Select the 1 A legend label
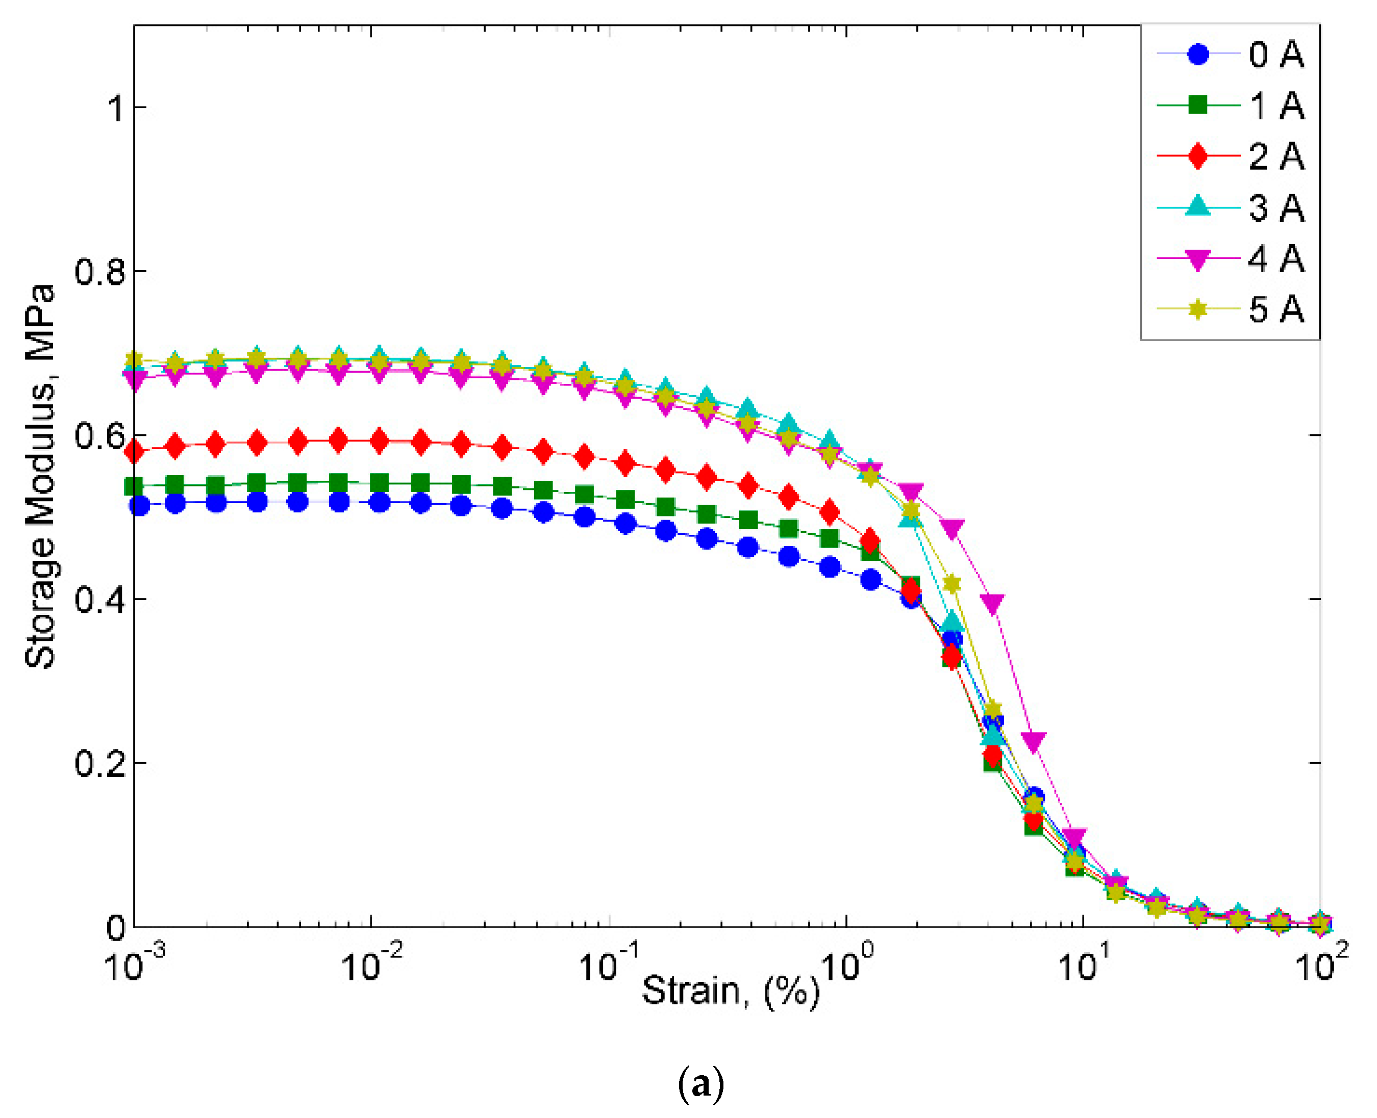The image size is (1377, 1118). [x=1276, y=106]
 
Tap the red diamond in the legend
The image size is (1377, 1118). [x=1197, y=157]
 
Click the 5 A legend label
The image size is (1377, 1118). [x=1276, y=310]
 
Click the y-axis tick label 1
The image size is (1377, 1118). [x=116, y=108]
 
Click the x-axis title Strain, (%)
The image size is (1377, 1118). [x=730, y=991]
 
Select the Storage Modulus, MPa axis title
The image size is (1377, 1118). [x=40, y=477]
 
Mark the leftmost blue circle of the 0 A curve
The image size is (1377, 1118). [x=139, y=506]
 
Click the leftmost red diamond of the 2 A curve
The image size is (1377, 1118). [x=134, y=452]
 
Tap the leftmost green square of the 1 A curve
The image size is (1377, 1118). [x=134, y=487]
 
